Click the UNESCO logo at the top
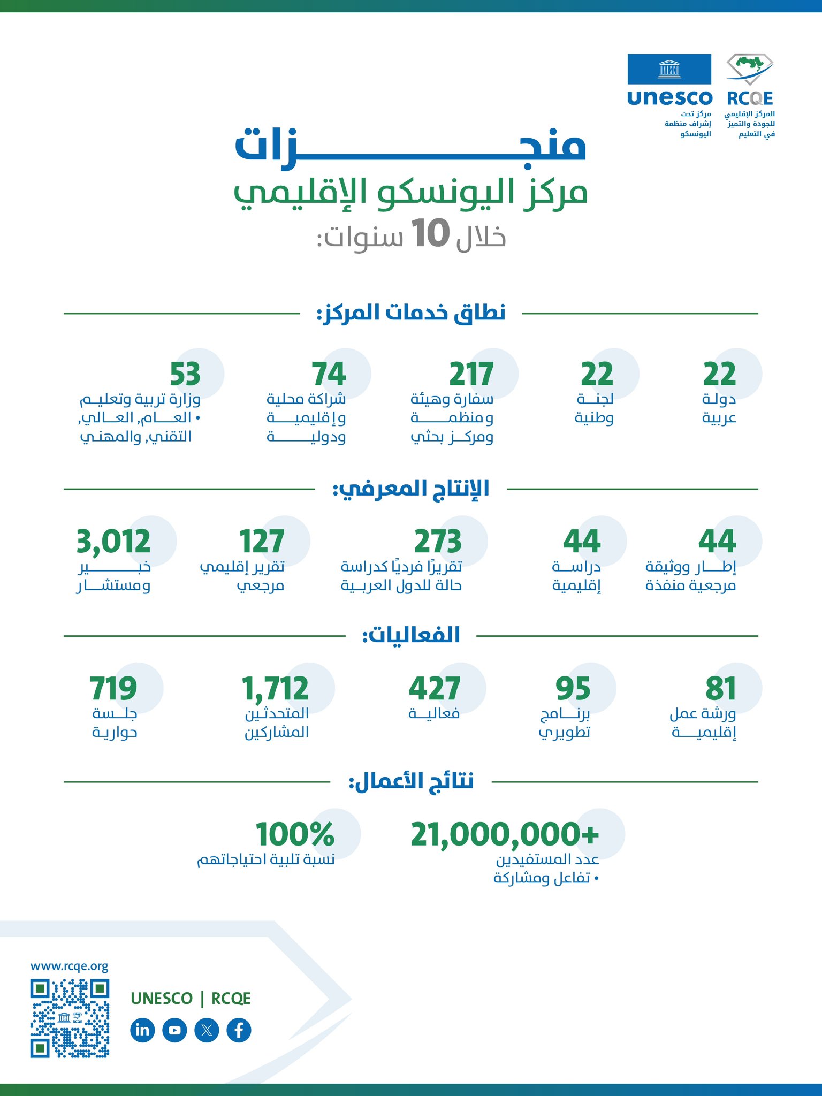coord(669,79)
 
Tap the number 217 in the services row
coord(471,374)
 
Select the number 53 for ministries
coord(185,374)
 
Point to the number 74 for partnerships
coord(329,374)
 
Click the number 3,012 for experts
coord(113,542)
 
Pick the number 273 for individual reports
coord(438,542)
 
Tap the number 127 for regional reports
coord(261,542)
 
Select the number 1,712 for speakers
coord(276,688)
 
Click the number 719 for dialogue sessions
coord(113,688)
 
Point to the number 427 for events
coord(434,688)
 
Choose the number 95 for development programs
coord(573,688)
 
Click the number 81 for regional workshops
coord(720,688)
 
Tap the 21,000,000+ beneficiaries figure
coord(505,834)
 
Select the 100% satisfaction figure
coord(295,834)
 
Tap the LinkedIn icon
coord(142,1030)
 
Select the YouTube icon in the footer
coord(174,1030)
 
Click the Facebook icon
coord(239,1030)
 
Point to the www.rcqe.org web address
coord(70,966)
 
